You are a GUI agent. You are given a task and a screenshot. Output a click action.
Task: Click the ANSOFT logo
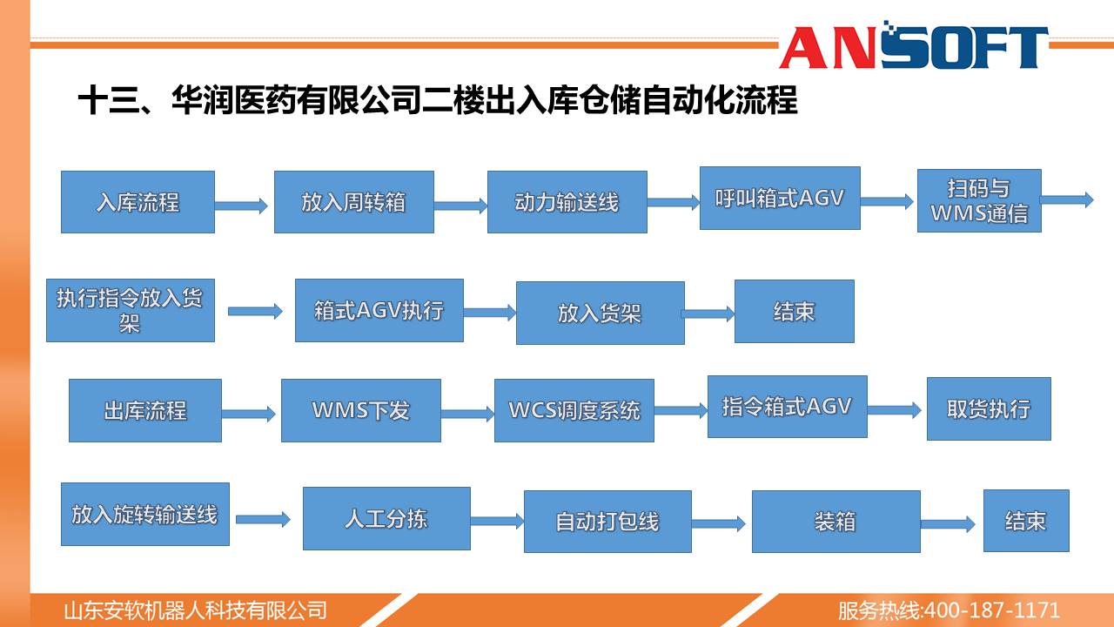(914, 46)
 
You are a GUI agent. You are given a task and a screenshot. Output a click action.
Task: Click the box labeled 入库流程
(138, 202)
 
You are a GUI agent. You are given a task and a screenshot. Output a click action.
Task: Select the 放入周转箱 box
(354, 202)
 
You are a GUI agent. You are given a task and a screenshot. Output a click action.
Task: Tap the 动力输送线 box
(567, 202)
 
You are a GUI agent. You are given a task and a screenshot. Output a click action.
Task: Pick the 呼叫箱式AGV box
(780, 198)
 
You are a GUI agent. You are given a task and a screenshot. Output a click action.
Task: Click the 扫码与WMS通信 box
(979, 200)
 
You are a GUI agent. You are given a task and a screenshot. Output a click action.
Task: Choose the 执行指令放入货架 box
(131, 310)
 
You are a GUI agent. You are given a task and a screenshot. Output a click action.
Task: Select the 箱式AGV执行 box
(379, 310)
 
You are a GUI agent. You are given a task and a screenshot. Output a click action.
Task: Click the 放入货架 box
(601, 313)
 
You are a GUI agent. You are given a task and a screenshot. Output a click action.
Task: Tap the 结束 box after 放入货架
(795, 312)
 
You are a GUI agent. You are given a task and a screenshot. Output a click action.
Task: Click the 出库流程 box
(145, 410)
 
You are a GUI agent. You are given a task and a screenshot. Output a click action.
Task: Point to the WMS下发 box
(361, 410)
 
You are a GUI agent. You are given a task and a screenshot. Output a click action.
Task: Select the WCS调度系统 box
(574, 410)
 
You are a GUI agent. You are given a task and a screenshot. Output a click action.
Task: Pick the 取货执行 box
(989, 408)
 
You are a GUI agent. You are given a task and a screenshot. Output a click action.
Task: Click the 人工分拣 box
(386, 518)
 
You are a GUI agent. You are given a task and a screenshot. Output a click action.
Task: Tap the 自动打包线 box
(607, 522)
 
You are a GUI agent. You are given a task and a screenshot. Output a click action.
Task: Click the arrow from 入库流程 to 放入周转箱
(241, 206)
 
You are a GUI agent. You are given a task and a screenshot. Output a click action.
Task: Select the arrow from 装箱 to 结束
(948, 524)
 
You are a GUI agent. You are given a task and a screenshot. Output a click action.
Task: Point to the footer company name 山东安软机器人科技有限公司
(196, 610)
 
